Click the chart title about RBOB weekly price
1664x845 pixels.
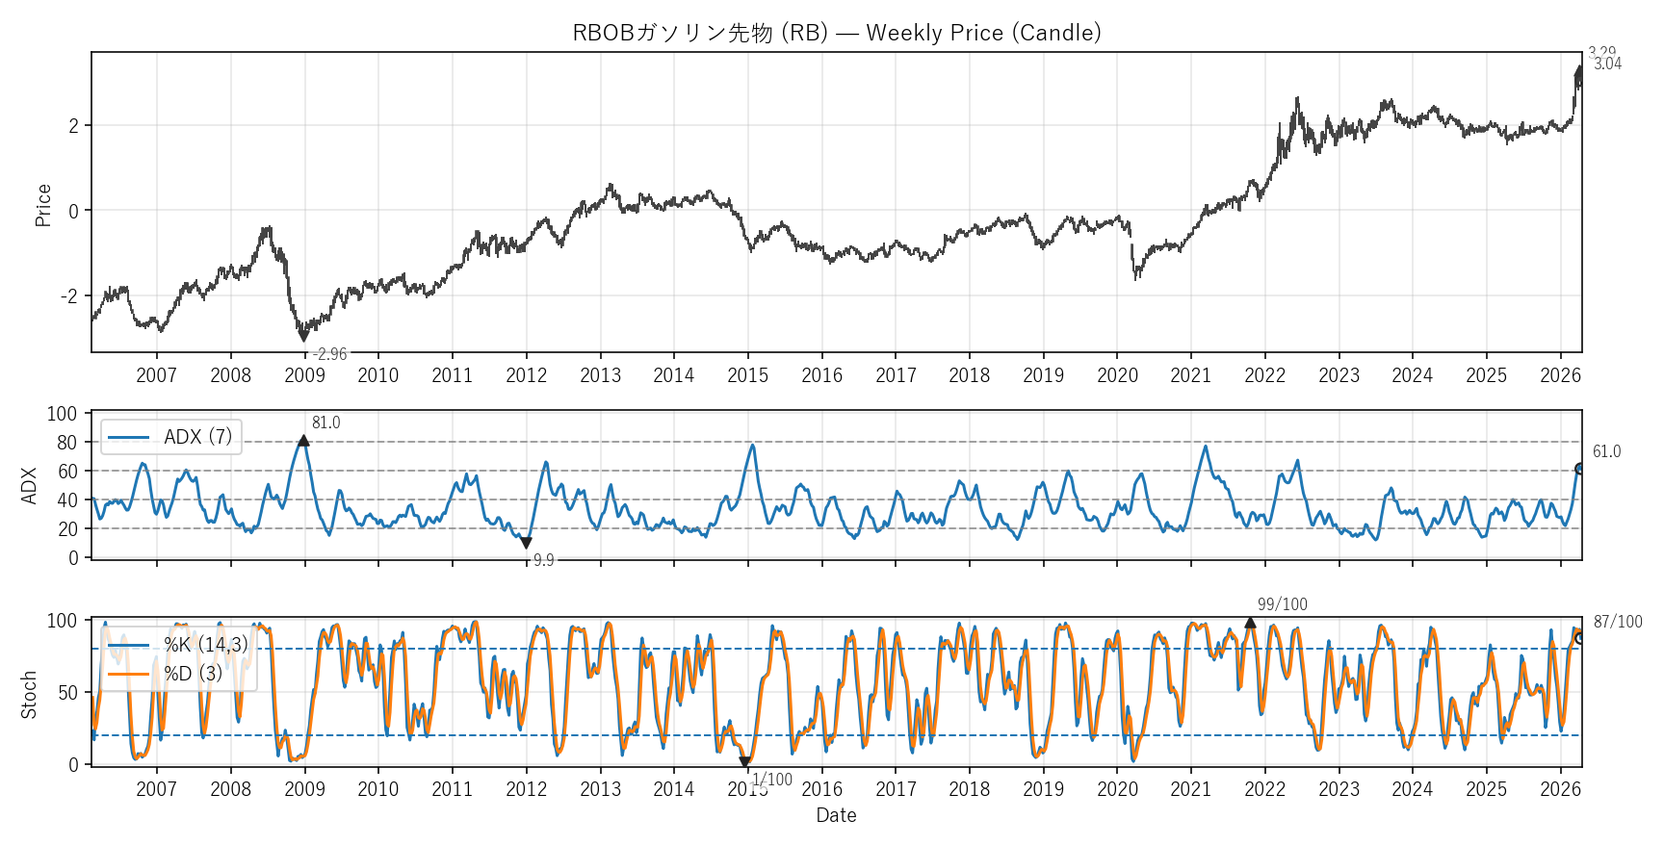pyautogui.click(x=836, y=33)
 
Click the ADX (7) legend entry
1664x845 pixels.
pyautogui.click(x=171, y=437)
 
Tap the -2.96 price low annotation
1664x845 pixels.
pyautogui.click(x=329, y=354)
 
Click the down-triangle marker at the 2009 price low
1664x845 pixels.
pyautogui.click(x=303, y=336)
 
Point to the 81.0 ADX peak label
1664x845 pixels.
pyautogui.click(x=325, y=422)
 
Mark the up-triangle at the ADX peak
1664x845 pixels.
pyautogui.click(x=303, y=441)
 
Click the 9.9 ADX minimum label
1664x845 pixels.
pyautogui.click(x=543, y=560)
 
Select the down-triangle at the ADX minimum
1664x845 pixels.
pyautogui.click(x=526, y=544)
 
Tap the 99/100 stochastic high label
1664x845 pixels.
pyautogui.click(x=1282, y=604)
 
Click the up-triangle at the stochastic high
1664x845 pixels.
pyautogui.click(x=1250, y=623)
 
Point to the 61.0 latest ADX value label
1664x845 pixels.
pyautogui.click(x=1606, y=451)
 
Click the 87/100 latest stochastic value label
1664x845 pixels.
pyautogui.click(x=1618, y=622)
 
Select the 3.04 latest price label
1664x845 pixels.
pyautogui.click(x=1607, y=64)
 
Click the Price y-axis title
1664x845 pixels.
pyautogui.click(x=43, y=205)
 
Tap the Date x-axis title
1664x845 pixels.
pyautogui.click(x=836, y=815)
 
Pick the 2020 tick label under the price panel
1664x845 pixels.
pyautogui.click(x=1117, y=375)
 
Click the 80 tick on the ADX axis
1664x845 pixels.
pyautogui.click(x=66, y=443)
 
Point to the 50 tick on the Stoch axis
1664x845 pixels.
pyautogui.click(x=66, y=693)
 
